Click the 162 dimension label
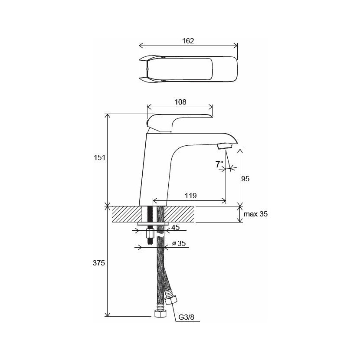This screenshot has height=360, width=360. click(x=188, y=41)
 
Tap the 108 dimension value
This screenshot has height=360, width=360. click(x=180, y=102)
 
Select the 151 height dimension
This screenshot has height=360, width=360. click(x=99, y=158)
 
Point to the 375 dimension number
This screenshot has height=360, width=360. click(x=99, y=263)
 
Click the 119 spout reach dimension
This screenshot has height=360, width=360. click(x=191, y=196)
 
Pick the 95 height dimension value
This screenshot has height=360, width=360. click(x=245, y=179)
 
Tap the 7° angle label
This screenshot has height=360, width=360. click(x=219, y=164)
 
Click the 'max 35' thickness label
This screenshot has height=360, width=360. click(x=255, y=214)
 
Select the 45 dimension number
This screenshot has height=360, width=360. click(x=176, y=227)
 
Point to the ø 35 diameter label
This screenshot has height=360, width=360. click(x=179, y=243)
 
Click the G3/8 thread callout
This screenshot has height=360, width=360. click(x=186, y=317)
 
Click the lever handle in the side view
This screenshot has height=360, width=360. click(x=180, y=123)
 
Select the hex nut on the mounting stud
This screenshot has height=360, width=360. click(x=150, y=234)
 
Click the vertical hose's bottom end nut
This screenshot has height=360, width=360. click(x=160, y=314)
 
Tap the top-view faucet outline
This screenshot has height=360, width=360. click(x=188, y=69)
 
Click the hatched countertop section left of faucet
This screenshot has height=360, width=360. click(x=125, y=214)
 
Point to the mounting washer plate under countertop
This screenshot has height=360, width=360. click(x=153, y=224)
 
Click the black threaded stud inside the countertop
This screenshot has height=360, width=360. click(x=150, y=214)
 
